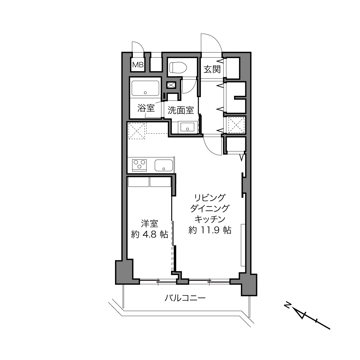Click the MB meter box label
coord(138,65)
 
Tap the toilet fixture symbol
coord(178,68)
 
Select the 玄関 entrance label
coord(212,69)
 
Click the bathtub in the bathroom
coord(145,88)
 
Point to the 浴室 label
coord(146,108)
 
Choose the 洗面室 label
coord(181,110)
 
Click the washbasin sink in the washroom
coord(187,127)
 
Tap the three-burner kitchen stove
coord(139,165)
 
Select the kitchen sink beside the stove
coord(164,165)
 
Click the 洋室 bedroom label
coord(150,224)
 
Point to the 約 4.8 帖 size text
coord(150,234)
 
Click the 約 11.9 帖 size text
coord(210,230)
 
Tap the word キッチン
coord(210,219)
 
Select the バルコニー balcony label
coord(185,298)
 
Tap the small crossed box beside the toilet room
coord(171,85)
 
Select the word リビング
coord(210,198)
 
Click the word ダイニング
coord(210,208)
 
